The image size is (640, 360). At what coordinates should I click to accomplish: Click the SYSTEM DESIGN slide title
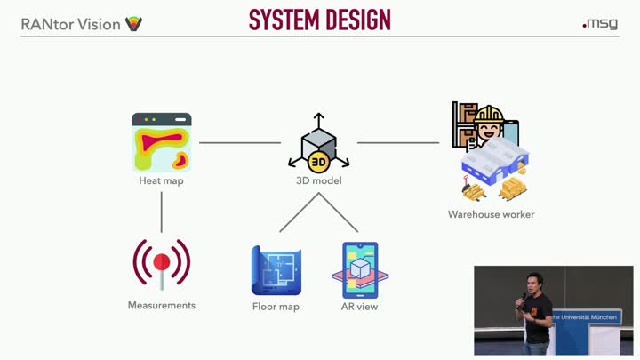click(x=320, y=20)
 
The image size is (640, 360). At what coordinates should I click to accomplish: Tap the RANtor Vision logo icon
click(x=133, y=24)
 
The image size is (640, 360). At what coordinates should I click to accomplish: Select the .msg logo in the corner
click(x=600, y=24)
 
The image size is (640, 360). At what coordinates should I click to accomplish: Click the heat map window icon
click(x=162, y=142)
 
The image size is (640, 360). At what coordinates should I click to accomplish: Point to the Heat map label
click(x=161, y=180)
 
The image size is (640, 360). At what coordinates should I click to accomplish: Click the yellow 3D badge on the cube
click(x=318, y=162)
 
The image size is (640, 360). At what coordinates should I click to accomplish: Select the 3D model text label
click(x=319, y=180)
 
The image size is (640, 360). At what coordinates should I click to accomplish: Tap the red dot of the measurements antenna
click(x=162, y=261)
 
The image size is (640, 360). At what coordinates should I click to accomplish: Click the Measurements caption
click(x=162, y=305)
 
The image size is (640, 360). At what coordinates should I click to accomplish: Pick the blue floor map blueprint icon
click(x=276, y=270)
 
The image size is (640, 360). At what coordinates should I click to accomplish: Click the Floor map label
click(x=276, y=307)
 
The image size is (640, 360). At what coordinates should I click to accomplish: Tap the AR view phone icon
click(x=360, y=270)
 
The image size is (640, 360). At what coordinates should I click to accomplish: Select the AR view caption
click(x=360, y=307)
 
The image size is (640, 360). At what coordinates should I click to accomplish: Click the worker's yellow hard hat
click(x=489, y=114)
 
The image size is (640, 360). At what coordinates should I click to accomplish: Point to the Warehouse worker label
click(x=491, y=214)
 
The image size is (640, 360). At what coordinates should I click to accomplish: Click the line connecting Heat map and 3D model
click(x=240, y=143)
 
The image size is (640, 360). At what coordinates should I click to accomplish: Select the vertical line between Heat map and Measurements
click(x=162, y=212)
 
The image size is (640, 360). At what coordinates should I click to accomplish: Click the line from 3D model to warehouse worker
click(x=398, y=143)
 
